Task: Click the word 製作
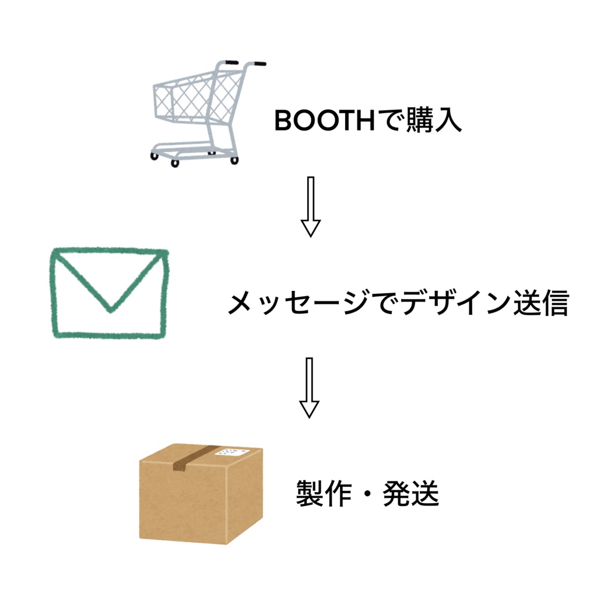(x=323, y=494)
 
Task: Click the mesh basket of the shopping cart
(x=187, y=102)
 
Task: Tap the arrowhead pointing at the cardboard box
(x=310, y=409)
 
